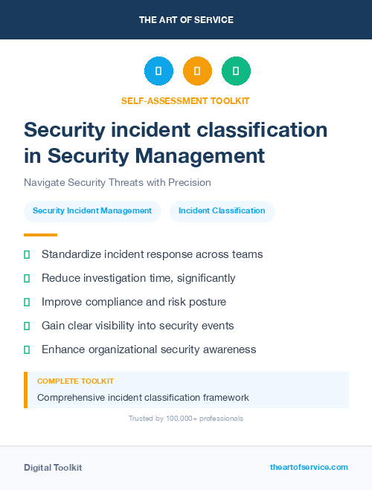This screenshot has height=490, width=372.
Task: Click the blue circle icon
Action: pyautogui.click(x=158, y=71)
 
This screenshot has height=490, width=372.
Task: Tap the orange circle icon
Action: pyautogui.click(x=197, y=71)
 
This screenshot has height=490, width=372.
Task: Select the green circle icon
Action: pyautogui.click(x=236, y=71)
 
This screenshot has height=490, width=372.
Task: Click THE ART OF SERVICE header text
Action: pyautogui.click(x=186, y=20)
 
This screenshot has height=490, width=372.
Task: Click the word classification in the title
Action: pyautogui.click(x=260, y=129)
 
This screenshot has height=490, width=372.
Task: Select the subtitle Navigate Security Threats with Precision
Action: pyautogui.click(x=118, y=182)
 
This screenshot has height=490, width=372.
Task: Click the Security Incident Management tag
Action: pyautogui.click(x=92, y=211)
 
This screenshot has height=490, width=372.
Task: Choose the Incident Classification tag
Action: pyautogui.click(x=222, y=211)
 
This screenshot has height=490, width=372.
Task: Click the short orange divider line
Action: pyautogui.click(x=36, y=235)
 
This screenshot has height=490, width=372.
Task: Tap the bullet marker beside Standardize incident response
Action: pyautogui.click(x=27, y=254)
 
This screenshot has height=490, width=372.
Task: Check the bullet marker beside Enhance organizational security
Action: pyautogui.click(x=27, y=349)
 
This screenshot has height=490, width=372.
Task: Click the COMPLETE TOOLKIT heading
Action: pyautogui.click(x=75, y=381)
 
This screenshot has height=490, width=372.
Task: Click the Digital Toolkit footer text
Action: pyautogui.click(x=53, y=468)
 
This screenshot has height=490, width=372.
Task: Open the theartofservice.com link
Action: pyautogui.click(x=309, y=467)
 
